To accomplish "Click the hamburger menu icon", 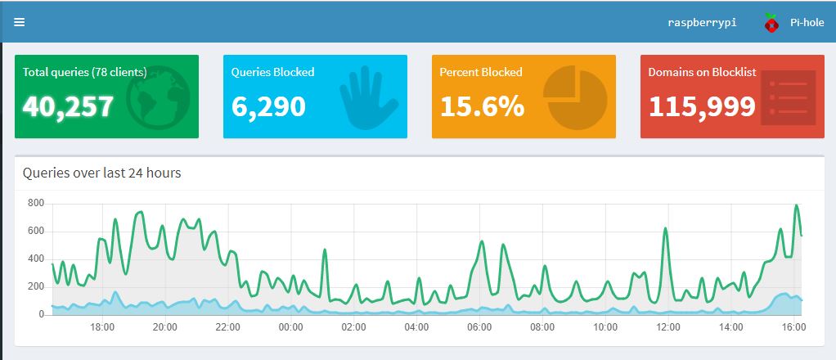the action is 19,22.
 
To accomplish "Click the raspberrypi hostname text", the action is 702,23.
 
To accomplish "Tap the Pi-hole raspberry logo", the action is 771,22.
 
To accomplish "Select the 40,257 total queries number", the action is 68,106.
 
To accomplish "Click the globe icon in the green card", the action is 159,97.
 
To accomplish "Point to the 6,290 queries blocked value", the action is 268,106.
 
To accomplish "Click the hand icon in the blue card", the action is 368,97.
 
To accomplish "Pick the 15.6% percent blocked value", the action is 482,106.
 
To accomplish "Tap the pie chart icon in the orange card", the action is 575,97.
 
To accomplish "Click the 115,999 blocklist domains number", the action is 702,106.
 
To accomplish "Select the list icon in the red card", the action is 788,97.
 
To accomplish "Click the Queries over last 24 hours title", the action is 101,173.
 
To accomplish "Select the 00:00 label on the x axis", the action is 290,326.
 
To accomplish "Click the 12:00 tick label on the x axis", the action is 668,326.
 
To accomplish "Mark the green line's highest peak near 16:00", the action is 797,205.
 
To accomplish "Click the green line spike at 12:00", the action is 665,229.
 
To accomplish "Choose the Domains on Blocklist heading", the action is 702,72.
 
